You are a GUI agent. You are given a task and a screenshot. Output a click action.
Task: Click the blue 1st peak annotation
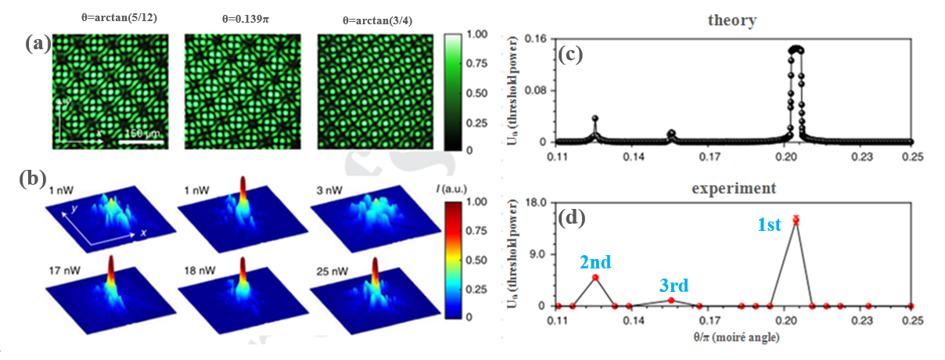tap(769, 225)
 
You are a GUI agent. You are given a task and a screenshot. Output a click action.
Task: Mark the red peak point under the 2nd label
tap(595, 278)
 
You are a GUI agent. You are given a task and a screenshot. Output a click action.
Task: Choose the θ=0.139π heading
tap(240, 18)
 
